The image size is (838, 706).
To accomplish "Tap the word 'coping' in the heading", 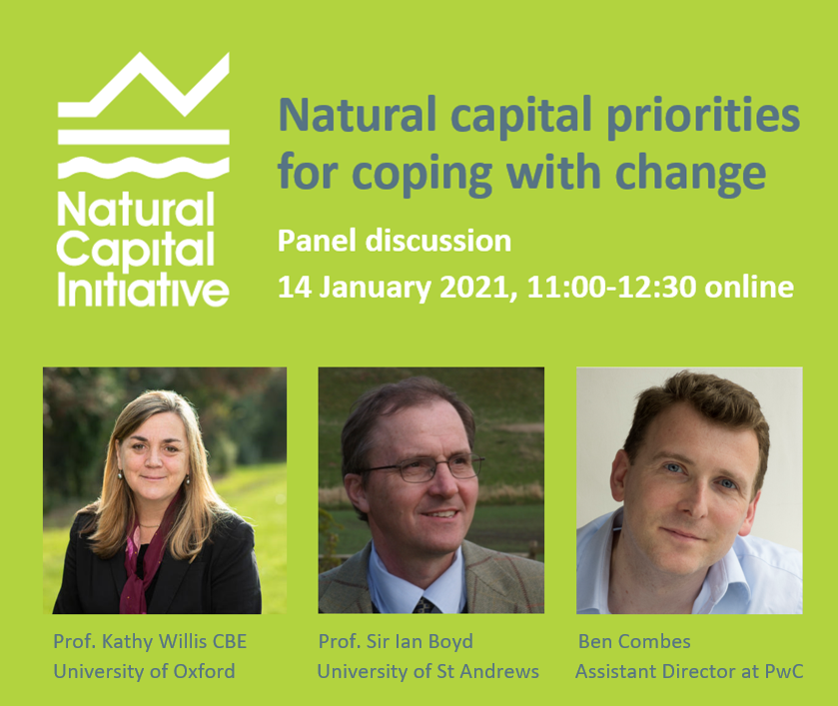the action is (422, 174).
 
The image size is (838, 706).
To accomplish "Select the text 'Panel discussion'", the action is (395, 242).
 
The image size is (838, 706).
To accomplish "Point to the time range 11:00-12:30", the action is (611, 288).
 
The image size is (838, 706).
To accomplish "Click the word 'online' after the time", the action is (749, 288).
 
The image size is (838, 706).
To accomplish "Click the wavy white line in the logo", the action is (143, 168).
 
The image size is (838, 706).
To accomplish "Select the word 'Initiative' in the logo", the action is (143, 290).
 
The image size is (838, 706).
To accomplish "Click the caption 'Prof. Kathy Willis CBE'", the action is (150, 642).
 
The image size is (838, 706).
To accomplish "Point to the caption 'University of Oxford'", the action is (144, 672).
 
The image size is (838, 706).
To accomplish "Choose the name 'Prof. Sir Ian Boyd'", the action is (396, 642).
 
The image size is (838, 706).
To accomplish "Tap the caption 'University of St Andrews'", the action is (428, 672).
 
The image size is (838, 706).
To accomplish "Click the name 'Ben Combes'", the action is (634, 642).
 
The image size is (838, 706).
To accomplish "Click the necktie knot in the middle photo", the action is (424, 605).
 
